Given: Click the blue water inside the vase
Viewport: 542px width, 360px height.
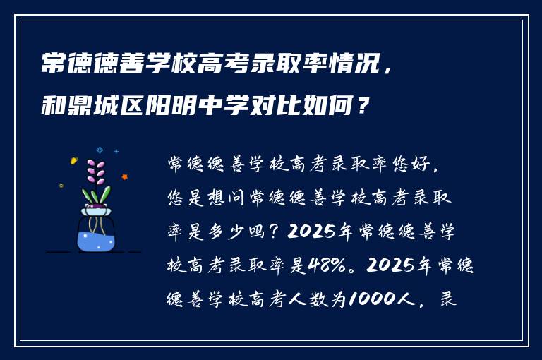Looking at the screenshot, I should (x=96, y=242).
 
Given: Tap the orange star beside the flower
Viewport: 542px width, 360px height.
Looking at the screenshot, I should (x=125, y=176).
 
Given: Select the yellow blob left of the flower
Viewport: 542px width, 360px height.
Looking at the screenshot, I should (x=73, y=161).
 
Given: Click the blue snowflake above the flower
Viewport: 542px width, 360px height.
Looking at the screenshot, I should (x=100, y=150).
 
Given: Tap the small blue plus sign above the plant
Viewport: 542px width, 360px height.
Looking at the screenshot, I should (x=116, y=151).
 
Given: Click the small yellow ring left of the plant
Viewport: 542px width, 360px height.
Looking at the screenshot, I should (x=61, y=186).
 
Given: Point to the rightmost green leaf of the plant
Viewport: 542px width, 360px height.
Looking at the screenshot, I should (x=107, y=193).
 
